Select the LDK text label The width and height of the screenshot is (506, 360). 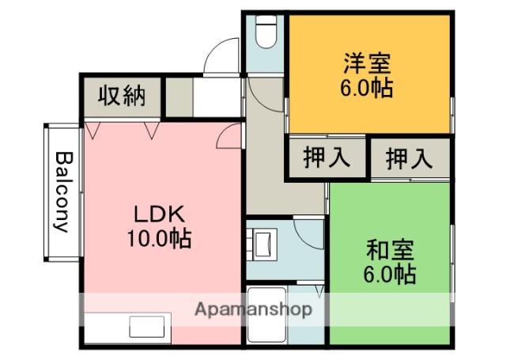158,214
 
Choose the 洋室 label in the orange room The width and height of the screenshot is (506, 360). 368,62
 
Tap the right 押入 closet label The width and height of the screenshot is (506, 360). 409,159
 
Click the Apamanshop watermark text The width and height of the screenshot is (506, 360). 253,309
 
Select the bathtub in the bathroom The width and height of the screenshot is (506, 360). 267,316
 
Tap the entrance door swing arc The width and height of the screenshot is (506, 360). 215,61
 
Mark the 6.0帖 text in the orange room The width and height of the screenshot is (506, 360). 368,86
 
